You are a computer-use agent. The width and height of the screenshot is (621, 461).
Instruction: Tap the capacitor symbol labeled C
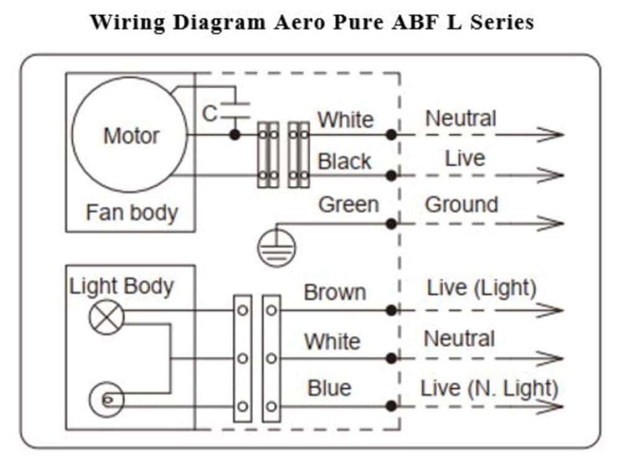(x=235, y=110)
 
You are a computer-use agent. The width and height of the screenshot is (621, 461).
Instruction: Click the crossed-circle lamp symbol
(x=107, y=317)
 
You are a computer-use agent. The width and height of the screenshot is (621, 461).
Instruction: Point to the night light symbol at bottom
(x=106, y=400)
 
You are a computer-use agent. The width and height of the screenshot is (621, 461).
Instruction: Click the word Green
(x=348, y=205)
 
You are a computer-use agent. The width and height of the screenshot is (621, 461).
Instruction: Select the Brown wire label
(x=335, y=292)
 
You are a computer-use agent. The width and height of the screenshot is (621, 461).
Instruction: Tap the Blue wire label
(x=330, y=388)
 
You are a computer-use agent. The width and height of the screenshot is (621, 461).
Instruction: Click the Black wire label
(x=344, y=161)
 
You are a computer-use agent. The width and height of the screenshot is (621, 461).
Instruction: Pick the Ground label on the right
(x=461, y=205)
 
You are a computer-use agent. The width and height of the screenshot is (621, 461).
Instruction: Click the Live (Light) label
(x=482, y=288)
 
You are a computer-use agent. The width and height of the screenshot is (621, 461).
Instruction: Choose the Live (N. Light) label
(x=489, y=388)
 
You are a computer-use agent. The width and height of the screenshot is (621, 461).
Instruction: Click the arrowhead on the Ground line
(x=550, y=223)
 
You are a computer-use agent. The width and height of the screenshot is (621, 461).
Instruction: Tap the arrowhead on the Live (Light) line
(x=550, y=310)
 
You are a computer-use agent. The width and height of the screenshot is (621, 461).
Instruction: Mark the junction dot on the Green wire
(x=391, y=224)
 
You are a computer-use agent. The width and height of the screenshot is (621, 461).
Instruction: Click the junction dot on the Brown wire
(x=391, y=310)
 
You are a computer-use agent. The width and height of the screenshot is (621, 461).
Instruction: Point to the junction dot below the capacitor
(x=235, y=135)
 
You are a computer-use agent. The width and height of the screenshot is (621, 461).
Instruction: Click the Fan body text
(x=132, y=213)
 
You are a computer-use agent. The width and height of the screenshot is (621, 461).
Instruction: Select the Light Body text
(x=121, y=287)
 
